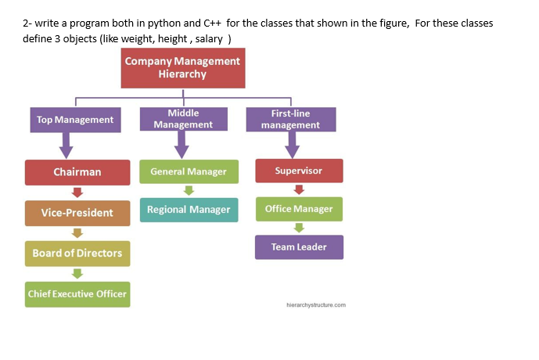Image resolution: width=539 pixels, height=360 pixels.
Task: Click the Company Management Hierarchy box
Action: (183, 68)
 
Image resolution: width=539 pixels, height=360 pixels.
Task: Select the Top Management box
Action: (74, 120)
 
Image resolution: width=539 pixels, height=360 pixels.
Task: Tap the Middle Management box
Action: (183, 119)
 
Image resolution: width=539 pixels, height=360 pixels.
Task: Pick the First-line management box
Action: (290, 119)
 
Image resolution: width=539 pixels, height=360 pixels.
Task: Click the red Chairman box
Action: (77, 172)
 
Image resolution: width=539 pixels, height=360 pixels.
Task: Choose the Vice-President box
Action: (77, 213)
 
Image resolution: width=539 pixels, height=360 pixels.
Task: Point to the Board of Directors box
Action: (77, 253)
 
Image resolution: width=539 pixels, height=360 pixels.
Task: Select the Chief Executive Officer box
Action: (77, 293)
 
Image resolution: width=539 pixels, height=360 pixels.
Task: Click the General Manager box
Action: (189, 171)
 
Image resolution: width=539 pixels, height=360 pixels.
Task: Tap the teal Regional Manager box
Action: (189, 209)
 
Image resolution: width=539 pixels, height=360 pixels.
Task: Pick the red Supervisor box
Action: (299, 171)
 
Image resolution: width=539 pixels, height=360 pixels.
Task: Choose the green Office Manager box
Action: (299, 209)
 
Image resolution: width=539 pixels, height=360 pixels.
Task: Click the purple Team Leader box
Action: (299, 247)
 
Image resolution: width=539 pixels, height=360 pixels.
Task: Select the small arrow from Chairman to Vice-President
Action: (77, 193)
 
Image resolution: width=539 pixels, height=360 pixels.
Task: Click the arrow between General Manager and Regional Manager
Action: (189, 190)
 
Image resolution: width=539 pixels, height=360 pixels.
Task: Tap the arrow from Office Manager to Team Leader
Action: (299, 228)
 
